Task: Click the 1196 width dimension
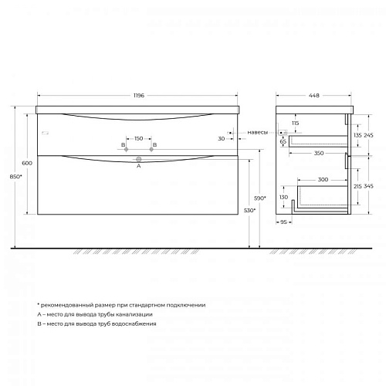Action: coord(139,96)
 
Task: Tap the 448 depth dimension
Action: coord(314,96)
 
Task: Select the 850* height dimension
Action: coord(16,177)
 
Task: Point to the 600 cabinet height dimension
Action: coord(27,163)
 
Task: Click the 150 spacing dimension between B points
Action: coord(139,138)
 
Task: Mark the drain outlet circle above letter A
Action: coord(139,159)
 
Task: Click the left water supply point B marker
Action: coord(126,149)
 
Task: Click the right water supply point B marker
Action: coord(151,149)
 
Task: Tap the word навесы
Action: coord(258,132)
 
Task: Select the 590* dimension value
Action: coord(260,198)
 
